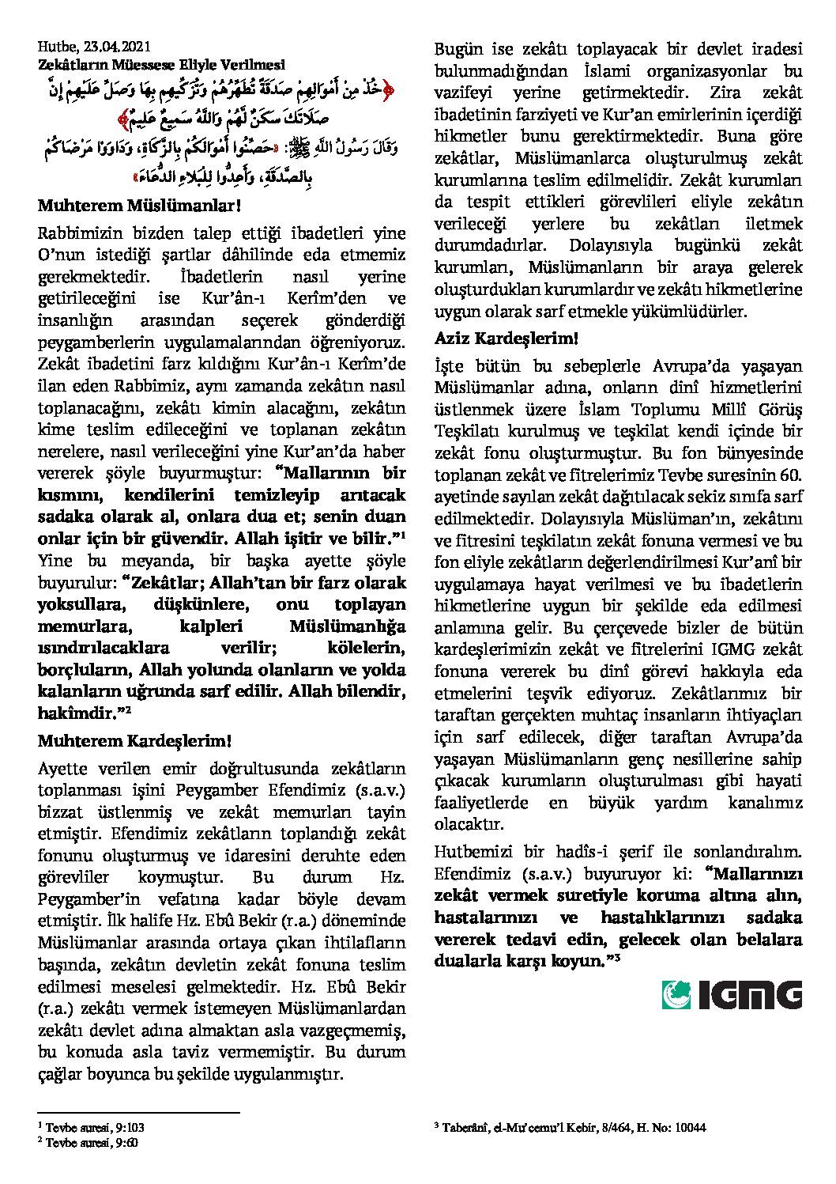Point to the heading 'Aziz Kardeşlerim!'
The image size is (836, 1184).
tap(506, 339)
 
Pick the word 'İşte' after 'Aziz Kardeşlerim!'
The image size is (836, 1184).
tap(449, 366)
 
